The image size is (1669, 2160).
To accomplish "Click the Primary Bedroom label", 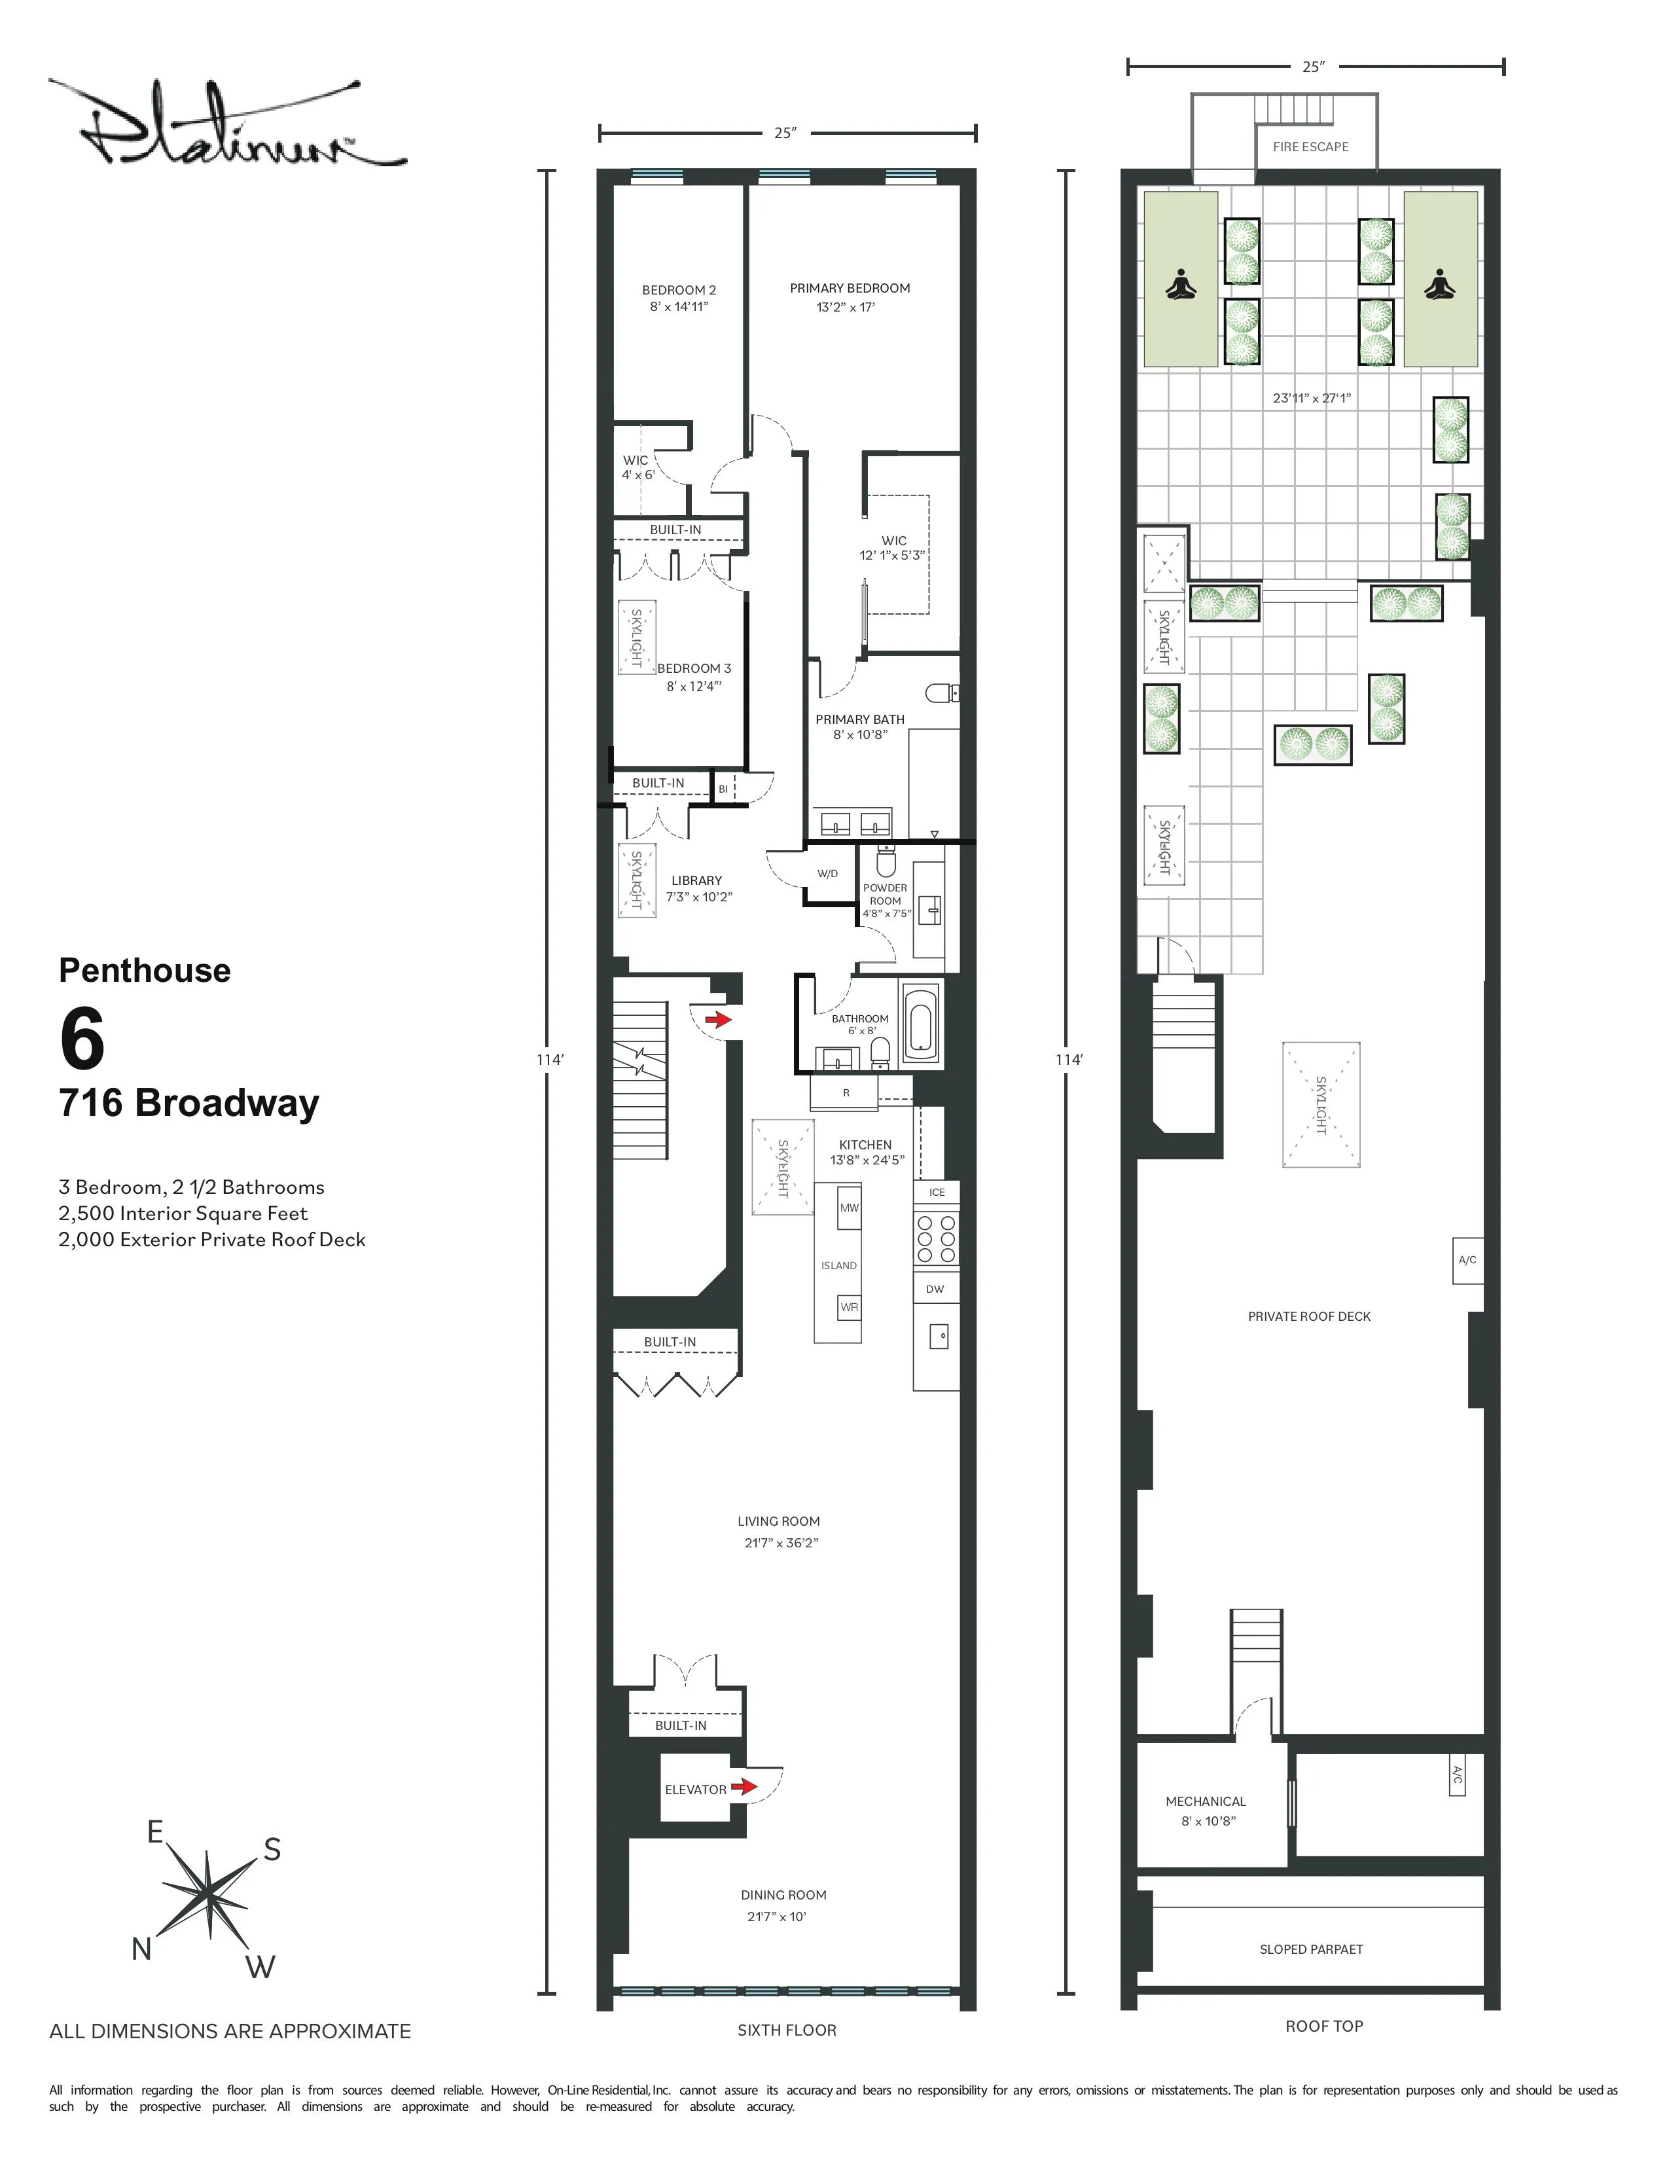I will tap(850, 288).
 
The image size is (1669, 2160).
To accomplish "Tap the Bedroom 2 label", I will tap(678, 290).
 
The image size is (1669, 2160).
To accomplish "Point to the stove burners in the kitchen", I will tap(935, 1238).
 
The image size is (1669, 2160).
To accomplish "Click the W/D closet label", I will tap(827, 873).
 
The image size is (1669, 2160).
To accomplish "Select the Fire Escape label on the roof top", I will tap(1310, 147).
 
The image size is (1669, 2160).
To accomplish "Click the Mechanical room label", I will tap(1205, 1801).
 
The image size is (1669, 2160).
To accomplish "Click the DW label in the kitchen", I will tap(935, 1289).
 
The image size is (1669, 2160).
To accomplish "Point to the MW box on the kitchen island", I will tap(848, 1208).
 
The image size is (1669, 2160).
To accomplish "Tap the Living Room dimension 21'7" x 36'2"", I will tap(781, 1543).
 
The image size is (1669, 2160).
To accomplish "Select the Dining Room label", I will tap(783, 1895).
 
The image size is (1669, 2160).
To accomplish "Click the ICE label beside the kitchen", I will tap(937, 1192).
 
